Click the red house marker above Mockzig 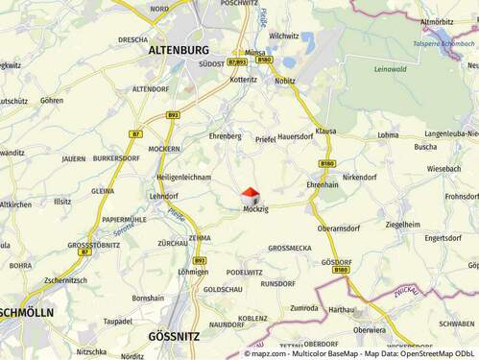pyautogui.click(x=250, y=195)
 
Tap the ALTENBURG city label pyautogui.click(x=180, y=49)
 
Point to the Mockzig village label pyautogui.click(x=255, y=209)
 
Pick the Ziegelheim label pyautogui.click(x=402, y=224)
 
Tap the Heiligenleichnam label pyautogui.click(x=183, y=178)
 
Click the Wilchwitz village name pyautogui.click(x=284, y=36)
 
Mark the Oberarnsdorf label pyautogui.click(x=339, y=228)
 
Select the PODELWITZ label pyautogui.click(x=245, y=272)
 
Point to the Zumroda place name pyautogui.click(x=304, y=308)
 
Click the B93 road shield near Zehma pyautogui.click(x=199, y=260)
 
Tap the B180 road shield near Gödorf pyautogui.click(x=340, y=270)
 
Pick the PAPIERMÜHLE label pyautogui.click(x=125, y=219)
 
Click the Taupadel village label pyautogui.click(x=117, y=321)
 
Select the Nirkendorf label pyautogui.click(x=359, y=178)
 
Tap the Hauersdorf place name pyautogui.click(x=296, y=138)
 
